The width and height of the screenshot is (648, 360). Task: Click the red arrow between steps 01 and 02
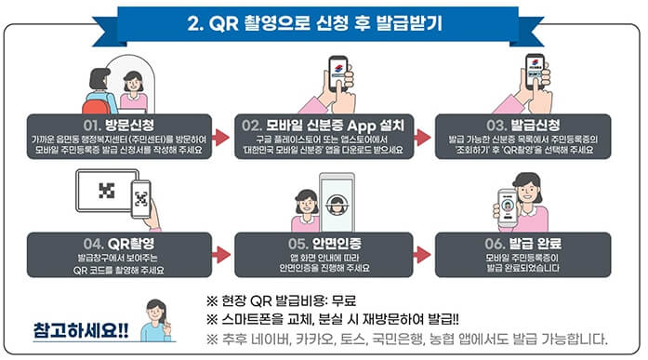(220, 138)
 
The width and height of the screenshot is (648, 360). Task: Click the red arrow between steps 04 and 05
(220, 253)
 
